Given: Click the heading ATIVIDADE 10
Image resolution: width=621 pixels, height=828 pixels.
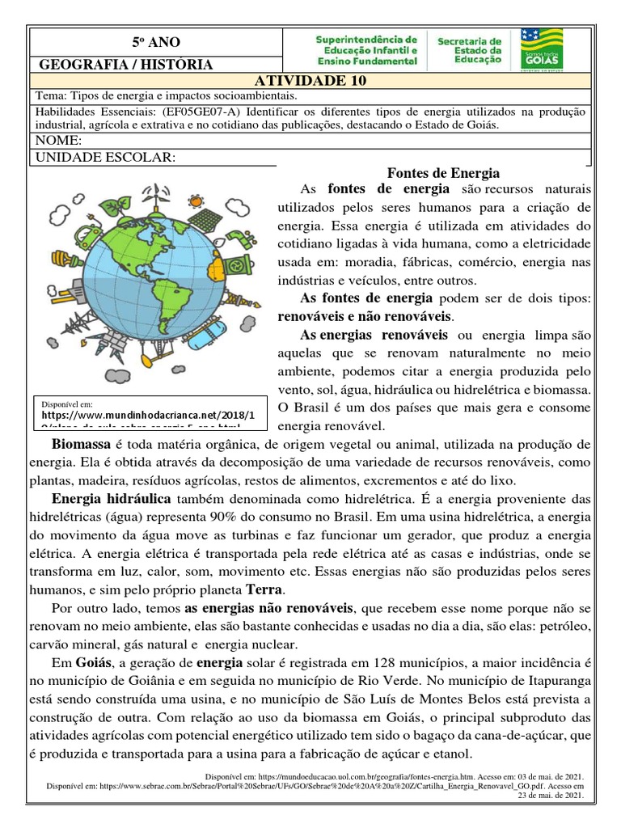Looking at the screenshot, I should (310, 79).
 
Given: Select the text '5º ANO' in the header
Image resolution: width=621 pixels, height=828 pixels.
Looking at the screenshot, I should (156, 42).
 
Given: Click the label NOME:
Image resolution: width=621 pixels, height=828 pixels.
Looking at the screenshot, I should (60, 142).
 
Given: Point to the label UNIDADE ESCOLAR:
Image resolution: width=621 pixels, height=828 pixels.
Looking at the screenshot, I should (103, 157).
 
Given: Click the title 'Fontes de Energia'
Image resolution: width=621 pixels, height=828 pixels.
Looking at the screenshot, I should (444, 173).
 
